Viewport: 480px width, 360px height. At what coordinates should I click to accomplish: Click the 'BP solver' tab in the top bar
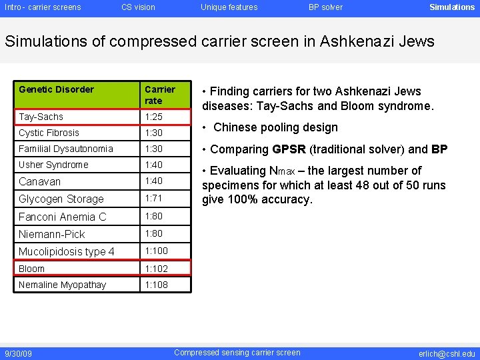(x=325, y=7)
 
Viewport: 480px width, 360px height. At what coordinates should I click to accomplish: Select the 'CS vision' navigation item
(x=138, y=7)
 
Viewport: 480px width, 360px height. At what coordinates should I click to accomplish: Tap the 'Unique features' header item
(x=229, y=7)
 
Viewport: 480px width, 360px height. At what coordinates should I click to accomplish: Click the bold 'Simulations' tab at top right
(x=452, y=7)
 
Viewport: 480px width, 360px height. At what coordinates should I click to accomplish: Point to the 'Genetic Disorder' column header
(x=57, y=89)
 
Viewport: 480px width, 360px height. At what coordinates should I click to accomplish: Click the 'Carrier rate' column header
(x=160, y=95)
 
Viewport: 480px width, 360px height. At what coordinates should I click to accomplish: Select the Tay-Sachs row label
(x=41, y=117)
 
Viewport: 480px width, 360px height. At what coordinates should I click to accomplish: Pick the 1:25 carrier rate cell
(x=154, y=117)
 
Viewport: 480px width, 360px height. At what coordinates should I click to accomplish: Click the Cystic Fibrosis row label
(x=49, y=133)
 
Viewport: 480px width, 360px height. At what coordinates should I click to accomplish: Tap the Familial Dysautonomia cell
(x=66, y=149)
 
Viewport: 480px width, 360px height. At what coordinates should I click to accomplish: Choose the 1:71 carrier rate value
(x=154, y=198)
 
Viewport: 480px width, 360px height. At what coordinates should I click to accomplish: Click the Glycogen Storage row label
(x=61, y=199)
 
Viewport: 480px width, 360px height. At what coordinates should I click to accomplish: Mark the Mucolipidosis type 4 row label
(x=67, y=251)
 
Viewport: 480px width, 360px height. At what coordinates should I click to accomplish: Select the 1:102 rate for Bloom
(x=157, y=269)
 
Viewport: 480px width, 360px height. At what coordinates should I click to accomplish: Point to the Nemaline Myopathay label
(x=62, y=285)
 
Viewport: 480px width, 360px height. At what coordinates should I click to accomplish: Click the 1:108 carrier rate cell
(x=157, y=285)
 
